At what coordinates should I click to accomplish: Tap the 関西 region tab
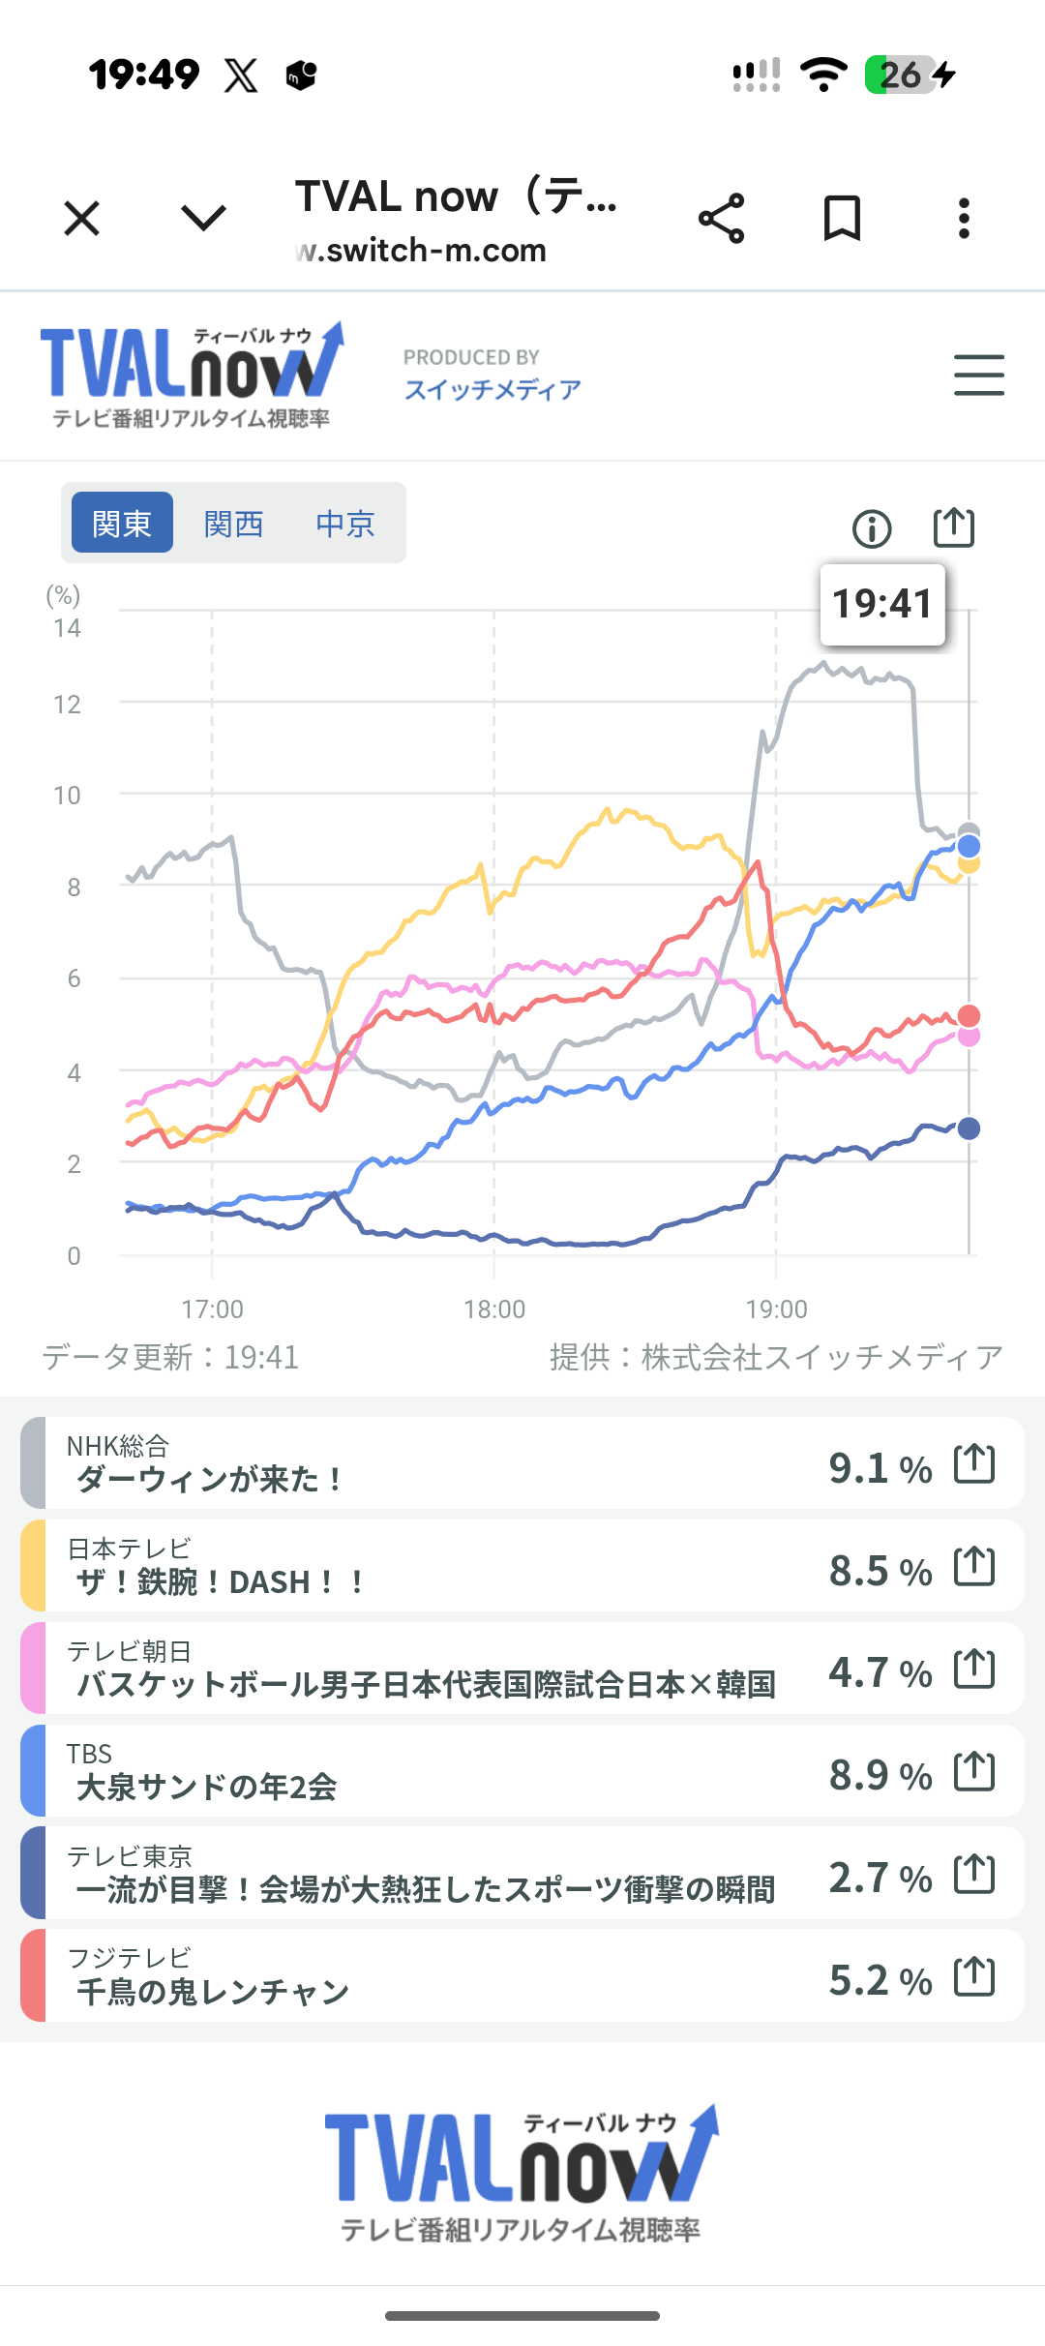(x=233, y=524)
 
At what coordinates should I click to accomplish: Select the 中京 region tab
(x=345, y=524)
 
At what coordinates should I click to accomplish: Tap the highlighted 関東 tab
(x=122, y=523)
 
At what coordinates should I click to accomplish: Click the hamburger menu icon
(x=978, y=375)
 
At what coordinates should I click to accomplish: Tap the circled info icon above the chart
(x=872, y=528)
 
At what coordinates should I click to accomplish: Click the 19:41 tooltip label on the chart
(x=882, y=604)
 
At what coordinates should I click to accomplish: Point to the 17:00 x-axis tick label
(x=213, y=1309)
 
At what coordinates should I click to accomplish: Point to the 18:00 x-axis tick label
(x=494, y=1309)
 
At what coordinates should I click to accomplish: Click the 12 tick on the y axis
(x=67, y=705)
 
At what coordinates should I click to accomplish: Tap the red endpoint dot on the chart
(x=969, y=1015)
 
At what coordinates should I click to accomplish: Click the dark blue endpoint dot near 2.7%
(x=969, y=1128)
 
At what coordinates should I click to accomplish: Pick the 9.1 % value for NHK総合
(x=881, y=1468)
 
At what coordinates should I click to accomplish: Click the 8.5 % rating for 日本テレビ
(x=881, y=1571)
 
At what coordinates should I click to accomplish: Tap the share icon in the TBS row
(x=974, y=1771)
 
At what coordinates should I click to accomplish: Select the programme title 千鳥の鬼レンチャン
(x=213, y=1992)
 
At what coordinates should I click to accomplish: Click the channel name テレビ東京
(x=130, y=1856)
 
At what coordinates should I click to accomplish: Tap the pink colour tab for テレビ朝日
(x=33, y=1669)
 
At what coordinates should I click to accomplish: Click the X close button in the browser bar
(x=82, y=218)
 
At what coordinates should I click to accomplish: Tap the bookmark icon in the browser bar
(x=842, y=218)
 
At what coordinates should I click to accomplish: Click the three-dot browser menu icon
(x=964, y=218)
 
